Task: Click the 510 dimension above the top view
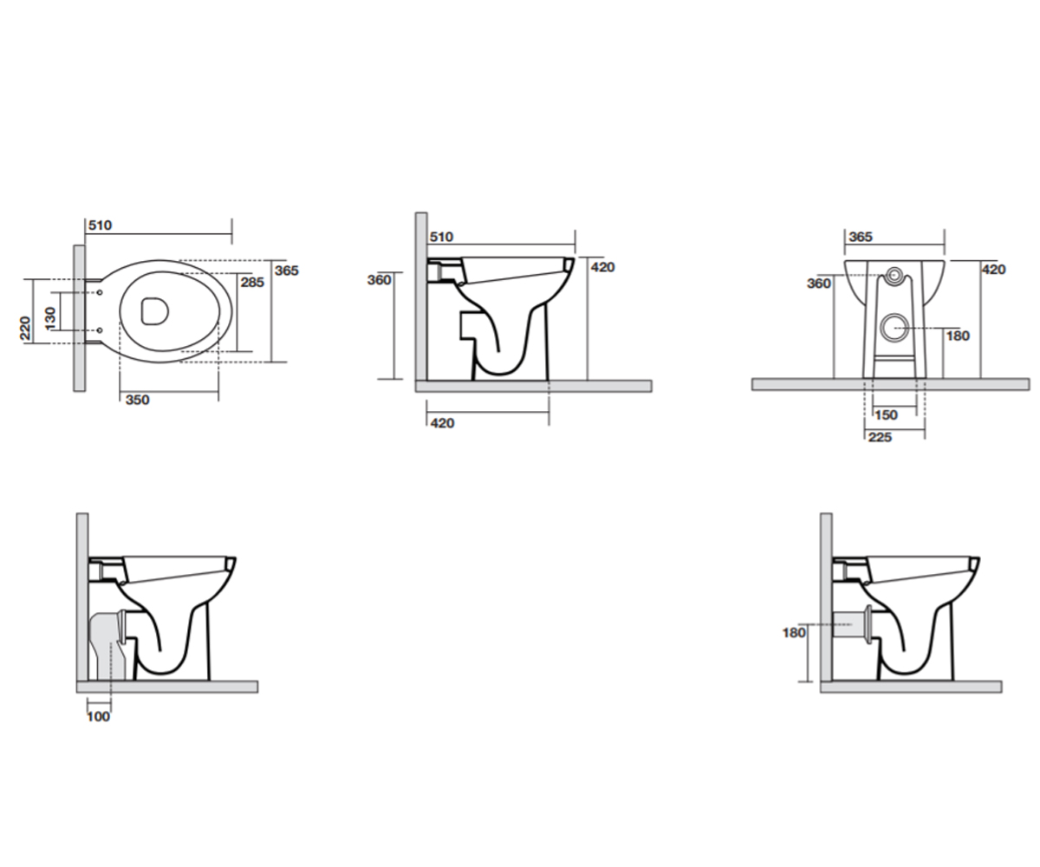tap(101, 225)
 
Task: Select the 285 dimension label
tap(252, 283)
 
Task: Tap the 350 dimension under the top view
tap(138, 400)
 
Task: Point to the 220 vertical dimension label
tap(25, 328)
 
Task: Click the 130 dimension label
tap(50, 318)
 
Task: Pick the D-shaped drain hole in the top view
tap(154, 311)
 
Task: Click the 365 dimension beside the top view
tap(287, 271)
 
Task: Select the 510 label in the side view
tap(441, 237)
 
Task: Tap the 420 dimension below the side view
tap(442, 423)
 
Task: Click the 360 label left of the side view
tap(380, 280)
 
